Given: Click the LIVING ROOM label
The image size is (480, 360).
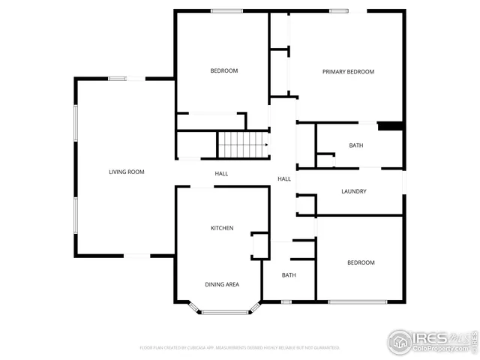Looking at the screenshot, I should (126, 172).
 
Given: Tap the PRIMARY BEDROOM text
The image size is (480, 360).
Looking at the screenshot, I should (348, 72).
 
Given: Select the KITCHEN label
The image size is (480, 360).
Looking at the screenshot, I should (221, 228).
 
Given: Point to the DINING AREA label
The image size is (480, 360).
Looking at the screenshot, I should (222, 284).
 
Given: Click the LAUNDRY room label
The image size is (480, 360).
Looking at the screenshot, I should (353, 191).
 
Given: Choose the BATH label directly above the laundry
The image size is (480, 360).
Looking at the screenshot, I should (356, 145).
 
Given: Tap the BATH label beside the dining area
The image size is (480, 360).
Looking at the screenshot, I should (289, 275).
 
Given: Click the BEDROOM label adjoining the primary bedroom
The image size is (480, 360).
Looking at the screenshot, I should (223, 71).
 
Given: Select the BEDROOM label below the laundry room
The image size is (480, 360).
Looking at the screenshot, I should (360, 262).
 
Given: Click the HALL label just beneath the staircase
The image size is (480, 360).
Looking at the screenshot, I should (221, 174).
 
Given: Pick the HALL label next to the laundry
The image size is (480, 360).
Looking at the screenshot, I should (284, 179).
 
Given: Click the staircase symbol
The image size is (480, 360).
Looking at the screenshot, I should (242, 144).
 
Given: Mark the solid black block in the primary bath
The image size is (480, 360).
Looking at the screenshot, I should (390, 126).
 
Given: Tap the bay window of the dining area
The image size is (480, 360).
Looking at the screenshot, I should (225, 310).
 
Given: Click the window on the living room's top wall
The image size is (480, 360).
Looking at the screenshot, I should (117, 79).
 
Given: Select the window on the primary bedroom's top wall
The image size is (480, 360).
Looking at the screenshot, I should (339, 10).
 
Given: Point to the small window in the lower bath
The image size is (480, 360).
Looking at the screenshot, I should (286, 301).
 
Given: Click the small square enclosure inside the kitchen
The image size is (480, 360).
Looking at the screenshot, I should (259, 245).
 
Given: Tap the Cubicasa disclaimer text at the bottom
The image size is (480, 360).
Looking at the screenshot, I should (240, 348).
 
